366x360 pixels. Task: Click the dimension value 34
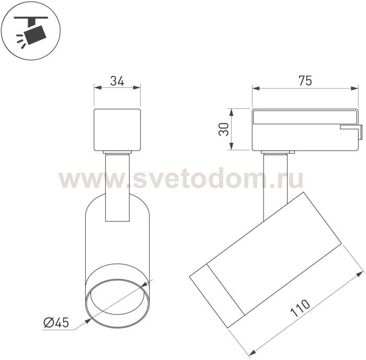[117, 81]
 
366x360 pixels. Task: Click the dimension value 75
[305, 81]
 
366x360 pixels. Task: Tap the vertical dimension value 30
[224, 129]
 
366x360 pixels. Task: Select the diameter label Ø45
[56, 323]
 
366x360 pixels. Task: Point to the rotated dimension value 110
[300, 308]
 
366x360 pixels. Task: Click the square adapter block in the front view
[117, 130]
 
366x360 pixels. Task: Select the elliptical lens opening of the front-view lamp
[117, 303]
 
